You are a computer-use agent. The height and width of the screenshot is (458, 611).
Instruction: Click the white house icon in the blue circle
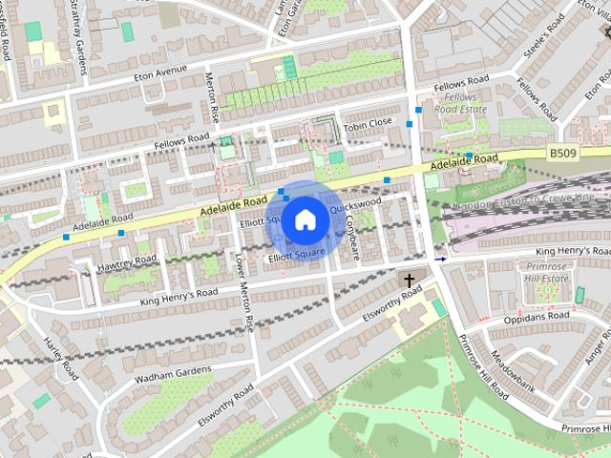point(305,219)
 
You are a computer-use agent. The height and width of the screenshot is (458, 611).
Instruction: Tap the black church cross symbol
point(410,281)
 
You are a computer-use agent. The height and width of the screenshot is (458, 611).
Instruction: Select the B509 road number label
point(564,151)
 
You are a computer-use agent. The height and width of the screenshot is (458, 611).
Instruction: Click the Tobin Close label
point(368,122)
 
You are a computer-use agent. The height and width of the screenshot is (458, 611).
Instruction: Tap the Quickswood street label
point(356,204)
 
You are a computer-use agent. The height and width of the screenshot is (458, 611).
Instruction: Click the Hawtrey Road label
point(127,260)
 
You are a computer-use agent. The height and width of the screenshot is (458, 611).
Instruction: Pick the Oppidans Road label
point(542,315)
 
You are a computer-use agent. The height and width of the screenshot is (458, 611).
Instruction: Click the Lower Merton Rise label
point(243,293)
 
